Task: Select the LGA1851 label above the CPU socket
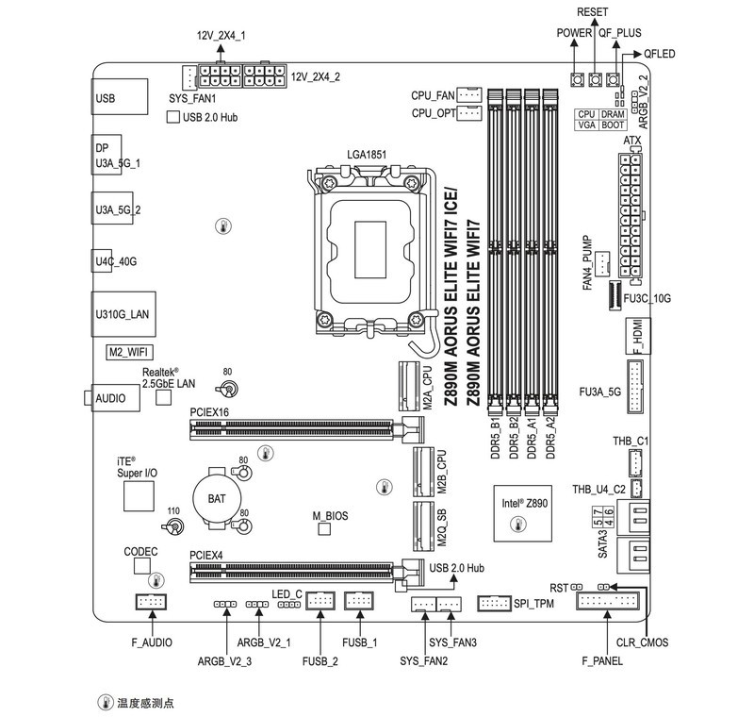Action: click(x=367, y=154)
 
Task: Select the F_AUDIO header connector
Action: click(x=151, y=601)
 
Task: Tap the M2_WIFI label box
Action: click(x=127, y=352)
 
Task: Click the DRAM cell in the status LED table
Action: click(x=613, y=113)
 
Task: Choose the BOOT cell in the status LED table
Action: click(x=613, y=125)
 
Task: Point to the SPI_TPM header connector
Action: click(x=495, y=602)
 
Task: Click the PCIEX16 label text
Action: click(x=209, y=412)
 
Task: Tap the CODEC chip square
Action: click(x=143, y=565)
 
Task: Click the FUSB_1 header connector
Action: click(x=359, y=600)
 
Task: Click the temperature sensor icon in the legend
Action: click(x=106, y=703)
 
